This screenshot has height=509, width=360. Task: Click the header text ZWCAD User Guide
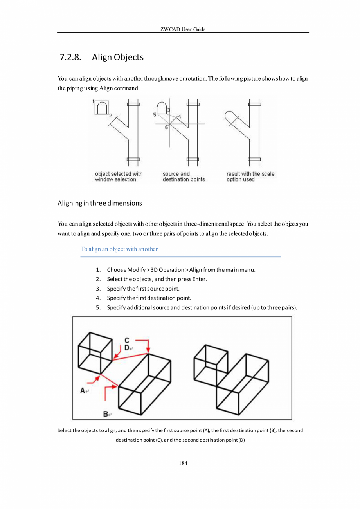click(x=183, y=29)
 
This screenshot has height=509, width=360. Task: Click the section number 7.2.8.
click(x=70, y=58)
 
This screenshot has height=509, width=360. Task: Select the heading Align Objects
click(x=118, y=58)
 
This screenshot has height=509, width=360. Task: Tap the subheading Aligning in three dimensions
click(x=99, y=203)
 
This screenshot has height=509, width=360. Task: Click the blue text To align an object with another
click(x=119, y=249)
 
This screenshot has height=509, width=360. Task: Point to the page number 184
click(x=183, y=463)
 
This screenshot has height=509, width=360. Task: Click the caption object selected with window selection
click(x=119, y=177)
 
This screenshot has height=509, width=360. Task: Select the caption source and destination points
click(x=184, y=177)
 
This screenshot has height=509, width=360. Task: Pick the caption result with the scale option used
click(x=250, y=177)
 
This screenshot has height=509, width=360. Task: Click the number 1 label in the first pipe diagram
click(x=94, y=102)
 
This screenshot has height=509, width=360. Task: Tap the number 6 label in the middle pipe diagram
click(x=166, y=127)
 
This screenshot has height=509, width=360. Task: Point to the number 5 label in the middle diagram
click(x=155, y=115)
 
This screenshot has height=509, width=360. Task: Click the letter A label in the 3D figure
click(x=83, y=390)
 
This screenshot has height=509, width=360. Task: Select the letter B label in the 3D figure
click(x=106, y=413)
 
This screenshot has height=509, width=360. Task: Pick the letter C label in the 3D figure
click(x=127, y=340)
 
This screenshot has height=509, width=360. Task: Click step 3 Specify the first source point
click(x=143, y=289)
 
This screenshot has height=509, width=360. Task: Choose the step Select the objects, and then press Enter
click(x=157, y=279)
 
